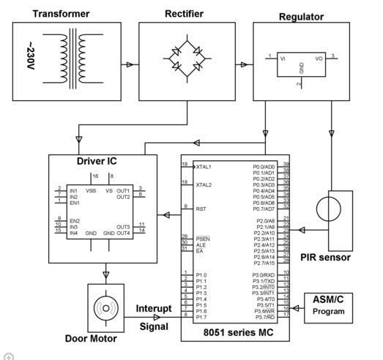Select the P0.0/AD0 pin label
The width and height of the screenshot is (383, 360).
pos(263,166)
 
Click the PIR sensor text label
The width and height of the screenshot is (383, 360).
pos(326,258)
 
